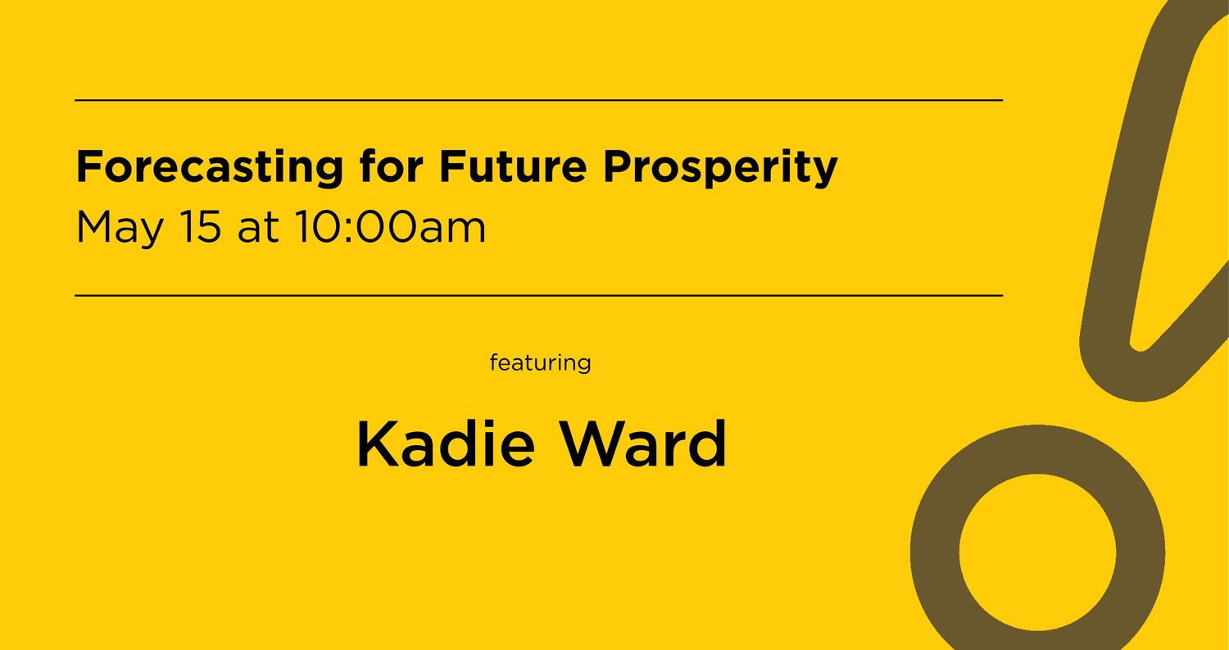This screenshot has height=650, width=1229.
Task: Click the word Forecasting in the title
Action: [209, 168]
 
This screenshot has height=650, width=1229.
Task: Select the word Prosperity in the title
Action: [720, 168]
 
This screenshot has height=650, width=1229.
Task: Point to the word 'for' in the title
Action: [391, 166]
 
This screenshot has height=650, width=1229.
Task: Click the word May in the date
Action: [119, 228]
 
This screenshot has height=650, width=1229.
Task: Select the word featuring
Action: [540, 362]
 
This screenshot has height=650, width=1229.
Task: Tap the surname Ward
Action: [646, 444]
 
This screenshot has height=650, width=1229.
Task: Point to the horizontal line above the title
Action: [538, 100]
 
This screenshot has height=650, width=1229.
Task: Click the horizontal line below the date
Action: [538, 295]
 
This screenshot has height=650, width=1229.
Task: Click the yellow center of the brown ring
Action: [1037, 552]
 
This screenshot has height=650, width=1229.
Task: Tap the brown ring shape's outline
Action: [935, 552]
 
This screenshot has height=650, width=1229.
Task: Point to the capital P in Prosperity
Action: [616, 166]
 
